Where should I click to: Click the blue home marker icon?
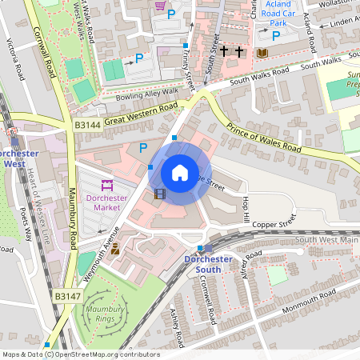(x=180, y=173)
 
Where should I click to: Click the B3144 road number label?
(x=87, y=126)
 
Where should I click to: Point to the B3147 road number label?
(x=68, y=296)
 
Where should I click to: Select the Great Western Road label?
(x=140, y=114)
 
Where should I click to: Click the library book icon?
(x=262, y=53)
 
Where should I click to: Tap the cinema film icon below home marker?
(x=160, y=193)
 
